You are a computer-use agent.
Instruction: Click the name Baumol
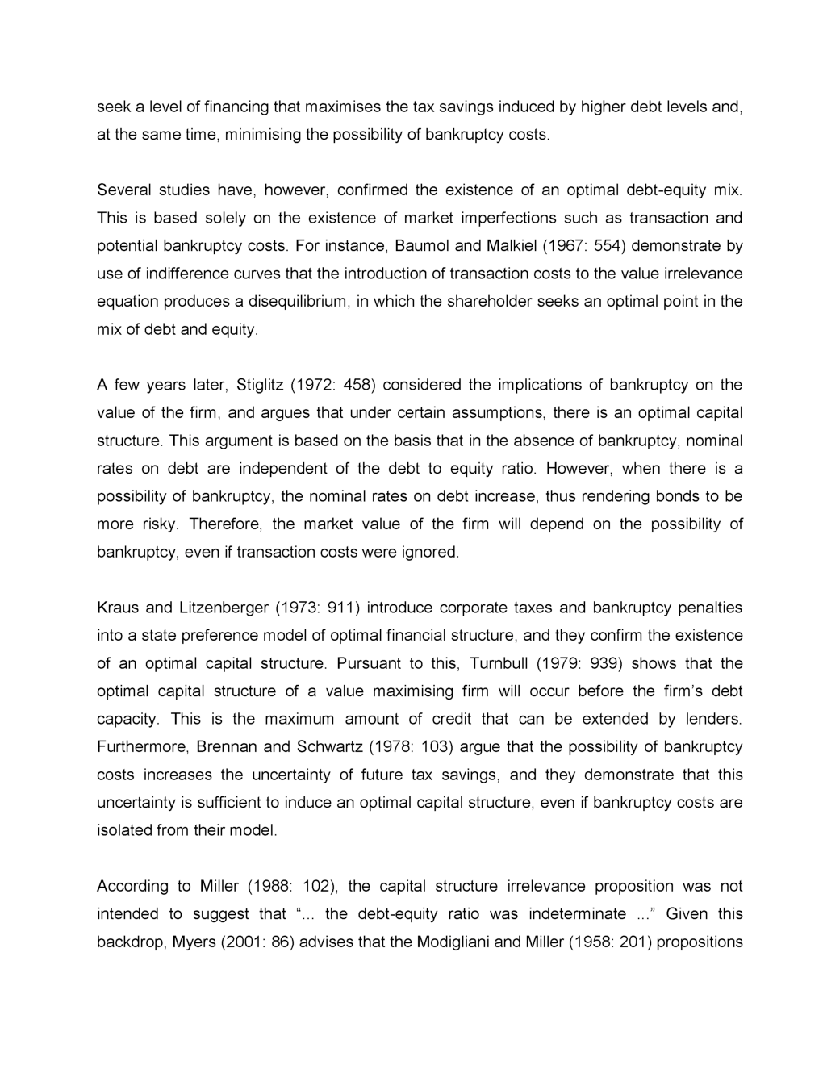(x=420, y=245)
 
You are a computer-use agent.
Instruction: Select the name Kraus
(x=118, y=608)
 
